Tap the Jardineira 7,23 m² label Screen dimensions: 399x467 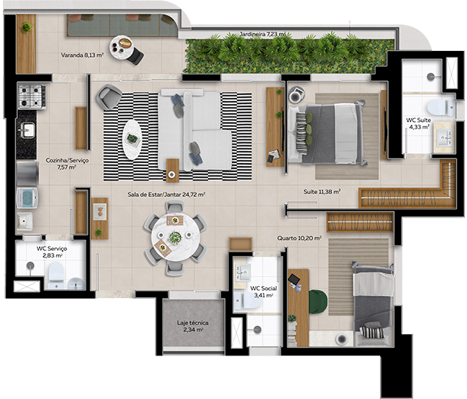pyautogui.click(x=263, y=35)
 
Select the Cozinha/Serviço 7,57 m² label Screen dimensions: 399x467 pyautogui.click(x=61, y=163)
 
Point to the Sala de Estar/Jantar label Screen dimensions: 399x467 pyautogui.click(x=165, y=195)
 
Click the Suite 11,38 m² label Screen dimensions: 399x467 pyautogui.click(x=322, y=192)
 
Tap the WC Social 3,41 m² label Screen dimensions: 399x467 pyautogui.click(x=262, y=291)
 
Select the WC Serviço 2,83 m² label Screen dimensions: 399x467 pyautogui.click(x=52, y=252)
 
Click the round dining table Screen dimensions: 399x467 pyautogui.click(x=175, y=237)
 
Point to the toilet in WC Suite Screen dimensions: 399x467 pyautogui.click(x=437, y=105)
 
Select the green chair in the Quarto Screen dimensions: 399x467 pyautogui.click(x=319, y=300)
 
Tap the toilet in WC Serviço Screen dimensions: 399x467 pyautogui.click(x=55, y=277)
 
